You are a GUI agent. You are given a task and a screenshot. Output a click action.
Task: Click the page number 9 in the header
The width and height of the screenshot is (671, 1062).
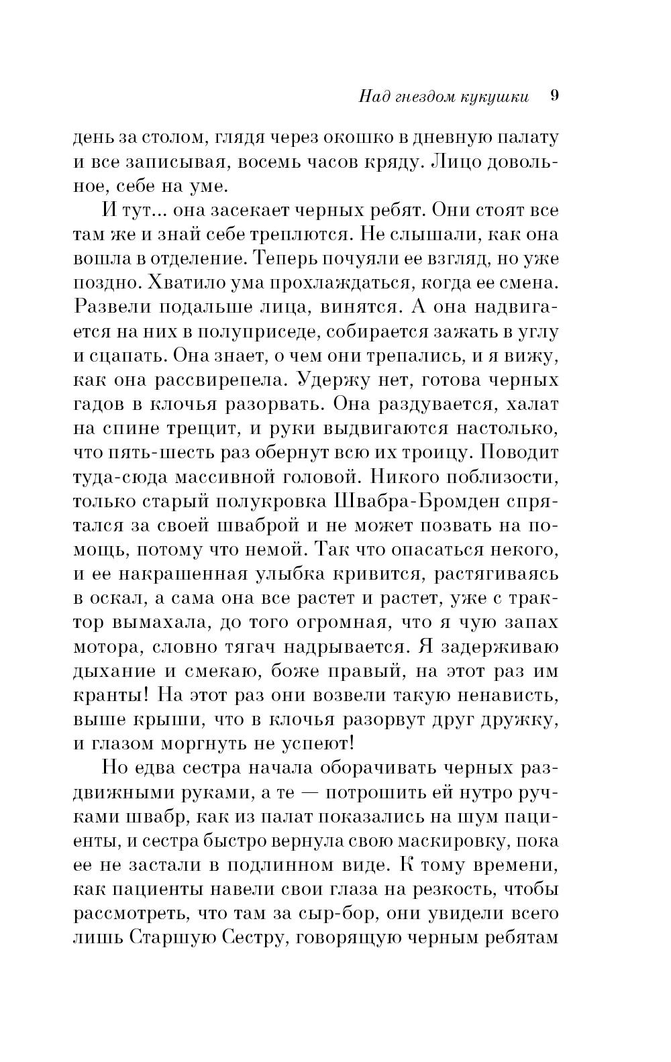point(554,95)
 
